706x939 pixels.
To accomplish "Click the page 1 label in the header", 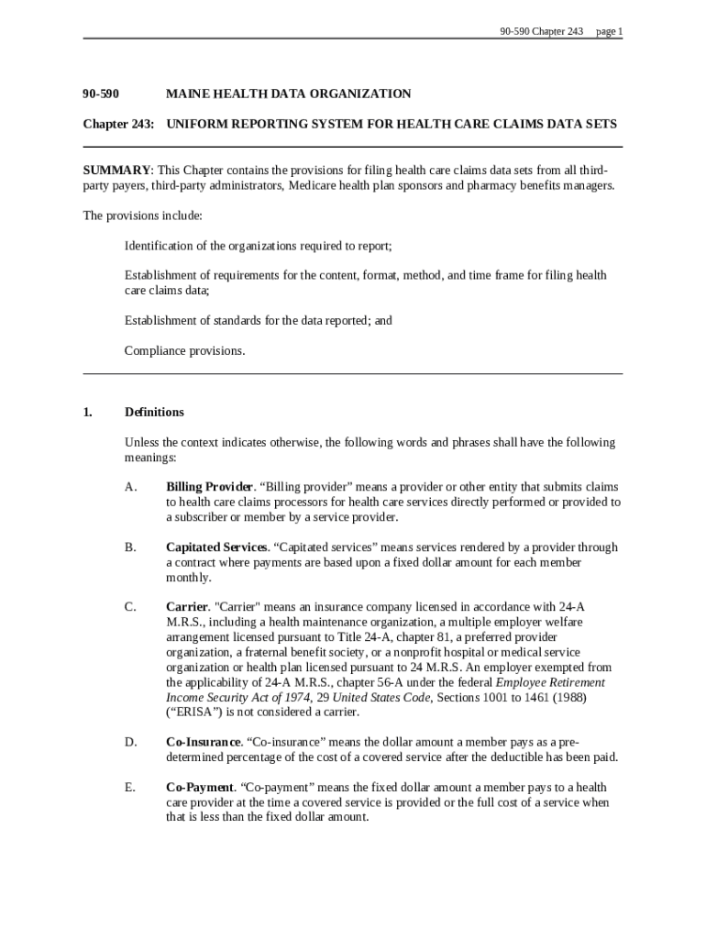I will click(609, 31).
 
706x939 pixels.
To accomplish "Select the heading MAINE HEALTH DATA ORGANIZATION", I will click(288, 94).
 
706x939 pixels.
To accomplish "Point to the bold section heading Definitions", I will click(154, 413).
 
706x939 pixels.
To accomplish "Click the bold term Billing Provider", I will click(209, 487).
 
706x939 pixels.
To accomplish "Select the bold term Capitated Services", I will click(216, 547).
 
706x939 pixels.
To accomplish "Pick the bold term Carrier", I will click(187, 607).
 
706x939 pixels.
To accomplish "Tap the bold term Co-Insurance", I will click(204, 742).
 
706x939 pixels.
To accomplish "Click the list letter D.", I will click(130, 742).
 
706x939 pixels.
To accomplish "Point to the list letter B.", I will click(130, 547).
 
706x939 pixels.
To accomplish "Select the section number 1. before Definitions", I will click(88, 413).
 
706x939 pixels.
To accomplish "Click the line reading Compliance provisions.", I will click(184, 351).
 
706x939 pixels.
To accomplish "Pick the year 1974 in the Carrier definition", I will click(295, 698).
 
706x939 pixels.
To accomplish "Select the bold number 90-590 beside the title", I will click(101, 94).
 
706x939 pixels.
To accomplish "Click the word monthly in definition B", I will click(188, 578).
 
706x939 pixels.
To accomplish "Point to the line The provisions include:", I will click(142, 216).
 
